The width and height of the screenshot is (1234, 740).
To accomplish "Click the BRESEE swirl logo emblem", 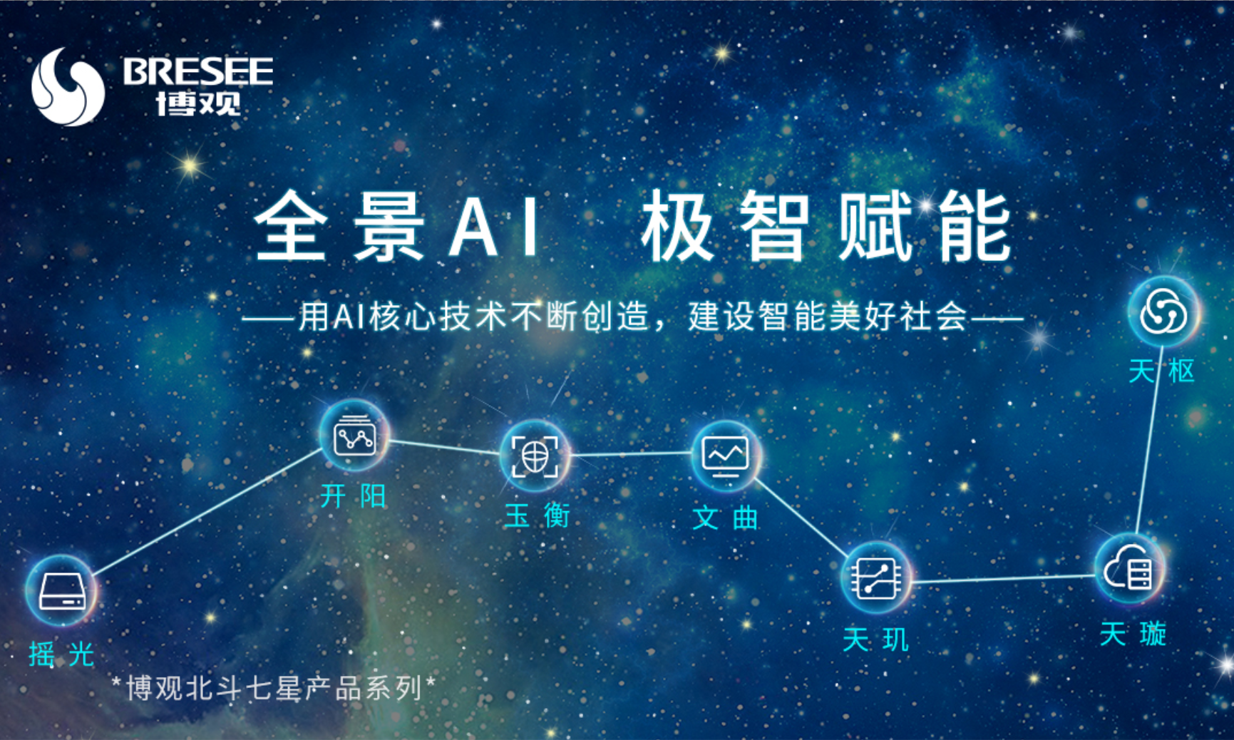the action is pos(68,87).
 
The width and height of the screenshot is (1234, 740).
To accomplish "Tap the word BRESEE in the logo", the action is pos(197,71).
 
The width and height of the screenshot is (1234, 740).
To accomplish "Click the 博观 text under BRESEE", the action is pos(199,103).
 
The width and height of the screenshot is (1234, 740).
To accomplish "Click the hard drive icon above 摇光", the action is pos(61,591).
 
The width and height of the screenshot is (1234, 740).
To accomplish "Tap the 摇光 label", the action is pos(61,654).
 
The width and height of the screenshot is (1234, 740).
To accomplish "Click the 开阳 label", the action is pos(353,495).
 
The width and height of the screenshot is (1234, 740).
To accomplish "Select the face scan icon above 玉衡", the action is pos(535,456).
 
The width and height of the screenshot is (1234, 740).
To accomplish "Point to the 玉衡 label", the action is pos(537,515).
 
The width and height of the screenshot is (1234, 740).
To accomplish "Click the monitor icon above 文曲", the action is pos(726,455).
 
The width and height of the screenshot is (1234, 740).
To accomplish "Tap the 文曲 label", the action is pos(725,518).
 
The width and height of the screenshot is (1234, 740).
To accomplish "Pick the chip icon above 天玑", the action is pos(876,577).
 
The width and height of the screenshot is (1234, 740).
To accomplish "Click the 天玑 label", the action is pos(875,639).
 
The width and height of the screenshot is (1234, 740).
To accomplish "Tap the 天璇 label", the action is pos(1133,634).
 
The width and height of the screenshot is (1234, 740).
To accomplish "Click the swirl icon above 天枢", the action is pos(1163,312).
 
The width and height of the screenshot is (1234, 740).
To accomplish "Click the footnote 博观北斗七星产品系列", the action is pos(274,689).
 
